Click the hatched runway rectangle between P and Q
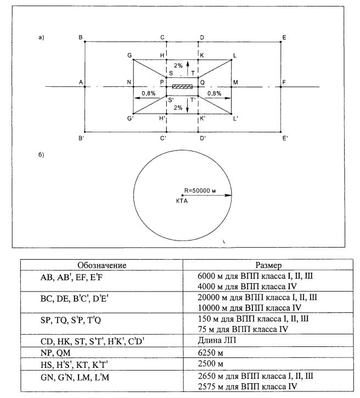coord(182,87)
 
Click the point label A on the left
coord(80,82)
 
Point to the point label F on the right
coord(284,82)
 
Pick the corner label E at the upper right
coord(284,37)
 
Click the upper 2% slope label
coord(178,65)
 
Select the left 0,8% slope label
coord(148,93)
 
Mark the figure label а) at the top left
coord(41,37)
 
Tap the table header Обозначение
coord(102,265)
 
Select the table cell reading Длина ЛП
coord(215,342)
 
